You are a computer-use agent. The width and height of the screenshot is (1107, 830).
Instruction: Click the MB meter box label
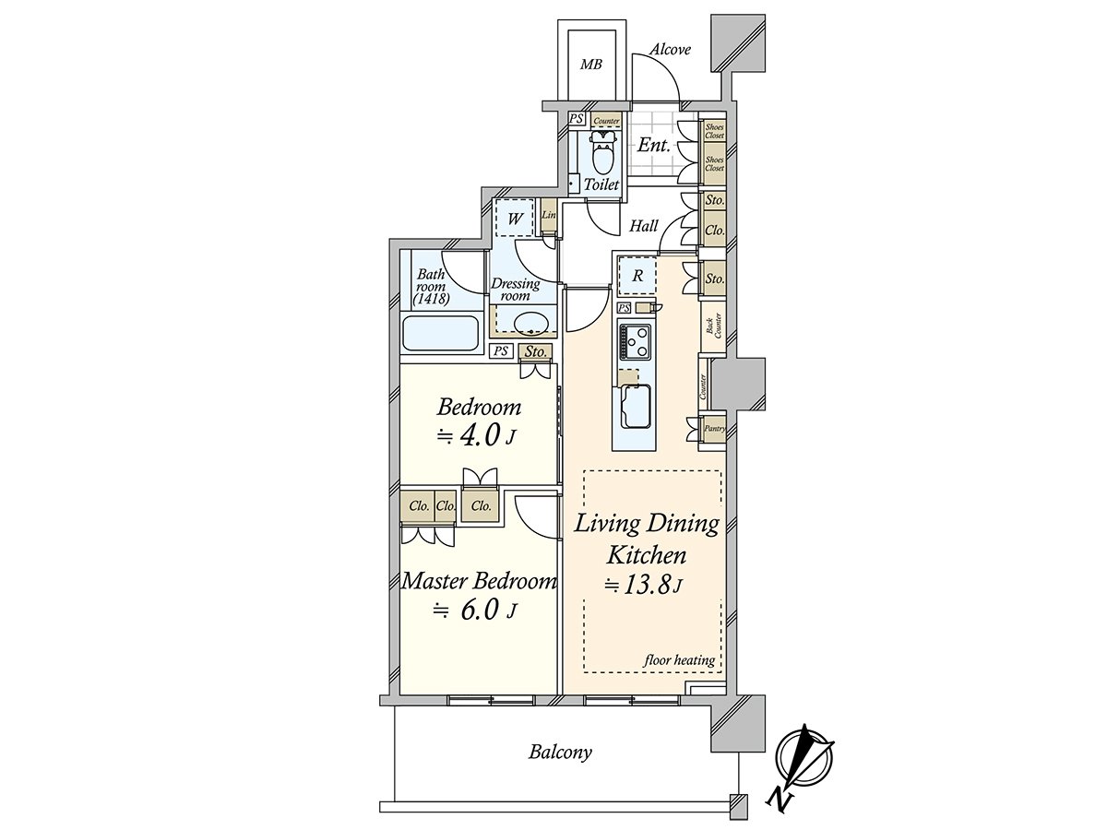tap(590, 65)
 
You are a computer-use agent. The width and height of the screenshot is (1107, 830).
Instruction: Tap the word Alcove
tap(670, 50)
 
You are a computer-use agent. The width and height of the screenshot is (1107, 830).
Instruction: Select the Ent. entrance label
tap(654, 146)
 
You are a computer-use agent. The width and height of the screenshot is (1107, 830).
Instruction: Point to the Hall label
tap(644, 226)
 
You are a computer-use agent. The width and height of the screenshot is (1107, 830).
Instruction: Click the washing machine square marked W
tap(515, 219)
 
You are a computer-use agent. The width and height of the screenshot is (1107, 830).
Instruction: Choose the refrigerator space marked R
tap(637, 276)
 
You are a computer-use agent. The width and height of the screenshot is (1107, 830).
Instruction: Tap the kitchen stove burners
tap(635, 341)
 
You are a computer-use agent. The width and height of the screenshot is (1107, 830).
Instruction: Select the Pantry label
tap(715, 429)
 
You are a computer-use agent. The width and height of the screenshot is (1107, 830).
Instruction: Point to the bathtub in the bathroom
tap(439, 333)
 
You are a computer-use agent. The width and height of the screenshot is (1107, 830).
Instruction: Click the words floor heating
tap(679, 660)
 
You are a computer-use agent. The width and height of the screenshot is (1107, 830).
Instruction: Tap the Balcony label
tap(560, 766)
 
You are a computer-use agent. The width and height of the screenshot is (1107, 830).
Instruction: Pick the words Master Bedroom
tap(479, 582)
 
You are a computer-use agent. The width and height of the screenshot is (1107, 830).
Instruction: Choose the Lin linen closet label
tap(549, 215)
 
